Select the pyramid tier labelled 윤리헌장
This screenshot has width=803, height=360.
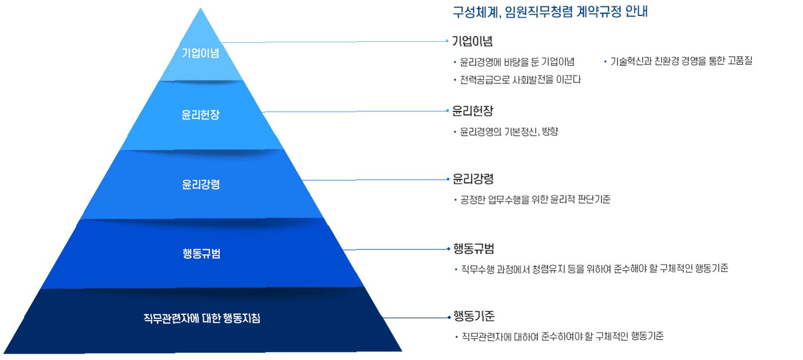tap(200, 114)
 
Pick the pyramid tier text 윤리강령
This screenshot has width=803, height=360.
tap(201, 184)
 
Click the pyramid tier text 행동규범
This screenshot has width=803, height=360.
tap(201, 254)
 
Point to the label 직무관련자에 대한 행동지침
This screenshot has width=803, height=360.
tap(201, 318)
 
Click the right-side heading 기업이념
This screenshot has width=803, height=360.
tap(472, 41)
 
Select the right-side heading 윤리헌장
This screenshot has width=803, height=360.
tap(472, 110)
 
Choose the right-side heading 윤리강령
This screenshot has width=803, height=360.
tap(472, 179)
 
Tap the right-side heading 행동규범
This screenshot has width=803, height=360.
tap(473, 248)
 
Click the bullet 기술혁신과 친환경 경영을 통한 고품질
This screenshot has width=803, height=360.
tap(681, 61)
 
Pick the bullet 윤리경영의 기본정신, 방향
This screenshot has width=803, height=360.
tap(508, 132)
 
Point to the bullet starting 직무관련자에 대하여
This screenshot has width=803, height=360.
tap(562, 337)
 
